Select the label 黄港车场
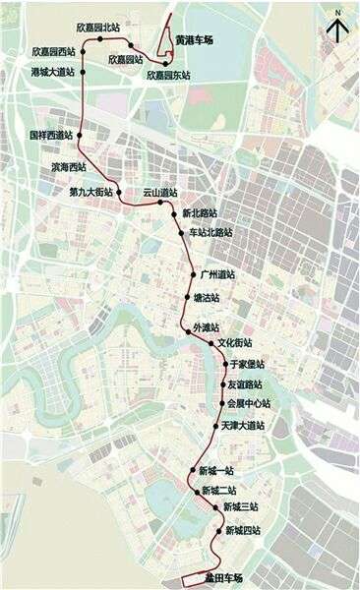pos(195,40)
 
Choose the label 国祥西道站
pos(51,135)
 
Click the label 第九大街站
pos(91,192)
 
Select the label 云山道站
pos(159,192)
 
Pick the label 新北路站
pos(201,212)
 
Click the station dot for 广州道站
pos(192,275)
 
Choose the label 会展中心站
pos(248,403)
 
